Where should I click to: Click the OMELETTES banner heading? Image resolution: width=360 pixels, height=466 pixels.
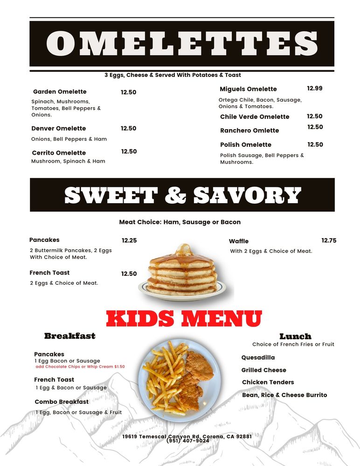(x=182, y=43)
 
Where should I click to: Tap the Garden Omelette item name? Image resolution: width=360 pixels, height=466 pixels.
(x=60, y=92)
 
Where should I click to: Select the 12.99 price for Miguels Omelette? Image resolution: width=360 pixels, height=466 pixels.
(x=314, y=88)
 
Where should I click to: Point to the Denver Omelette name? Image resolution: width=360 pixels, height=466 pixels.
(x=59, y=128)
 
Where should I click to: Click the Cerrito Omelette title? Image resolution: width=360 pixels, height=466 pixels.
(x=59, y=153)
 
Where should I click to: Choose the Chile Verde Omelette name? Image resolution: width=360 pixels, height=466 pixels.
(x=255, y=116)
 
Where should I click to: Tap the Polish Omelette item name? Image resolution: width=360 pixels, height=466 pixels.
(x=246, y=144)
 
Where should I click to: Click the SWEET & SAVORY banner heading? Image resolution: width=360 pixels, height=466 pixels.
(x=182, y=195)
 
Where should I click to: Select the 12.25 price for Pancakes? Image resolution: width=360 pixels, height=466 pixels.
(x=129, y=240)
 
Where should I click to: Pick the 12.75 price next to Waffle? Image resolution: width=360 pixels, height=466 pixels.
(x=329, y=240)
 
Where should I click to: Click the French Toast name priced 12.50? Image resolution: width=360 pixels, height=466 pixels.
(x=49, y=273)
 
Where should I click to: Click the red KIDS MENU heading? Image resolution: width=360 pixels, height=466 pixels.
(x=184, y=319)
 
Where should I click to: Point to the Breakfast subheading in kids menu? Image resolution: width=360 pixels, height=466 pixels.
(x=69, y=336)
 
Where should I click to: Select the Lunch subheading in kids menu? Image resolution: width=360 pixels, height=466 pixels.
(x=295, y=336)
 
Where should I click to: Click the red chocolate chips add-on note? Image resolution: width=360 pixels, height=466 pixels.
(x=80, y=367)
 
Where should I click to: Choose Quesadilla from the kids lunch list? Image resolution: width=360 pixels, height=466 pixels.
(x=258, y=357)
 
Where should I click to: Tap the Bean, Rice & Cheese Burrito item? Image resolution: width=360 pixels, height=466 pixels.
(x=284, y=395)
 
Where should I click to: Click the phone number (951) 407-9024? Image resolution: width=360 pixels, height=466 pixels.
(x=187, y=441)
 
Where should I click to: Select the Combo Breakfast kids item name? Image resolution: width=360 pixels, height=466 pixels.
(x=62, y=402)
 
